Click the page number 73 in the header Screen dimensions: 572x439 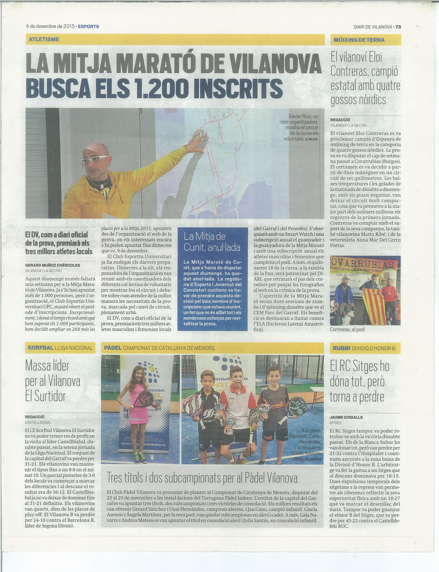tap(398, 27)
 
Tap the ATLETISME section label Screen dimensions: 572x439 tap(44, 39)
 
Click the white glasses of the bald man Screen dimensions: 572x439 tap(94, 160)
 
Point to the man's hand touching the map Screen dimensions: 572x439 tap(198, 141)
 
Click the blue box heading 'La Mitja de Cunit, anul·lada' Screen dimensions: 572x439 tap(212, 241)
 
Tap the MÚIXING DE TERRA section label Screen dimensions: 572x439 tap(359, 40)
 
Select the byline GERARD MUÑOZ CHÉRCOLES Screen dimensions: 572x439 tap(53, 265)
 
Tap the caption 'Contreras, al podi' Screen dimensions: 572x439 tap(348, 329)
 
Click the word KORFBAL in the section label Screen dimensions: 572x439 tap(41, 348)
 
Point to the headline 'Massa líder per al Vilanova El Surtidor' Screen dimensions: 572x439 tap(53, 381)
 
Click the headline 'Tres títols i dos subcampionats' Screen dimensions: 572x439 tap(202, 477)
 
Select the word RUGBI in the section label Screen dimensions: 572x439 tap(342, 348)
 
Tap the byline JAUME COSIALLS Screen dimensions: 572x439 tap(346, 417)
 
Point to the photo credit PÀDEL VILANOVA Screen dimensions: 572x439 tap(307, 459)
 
